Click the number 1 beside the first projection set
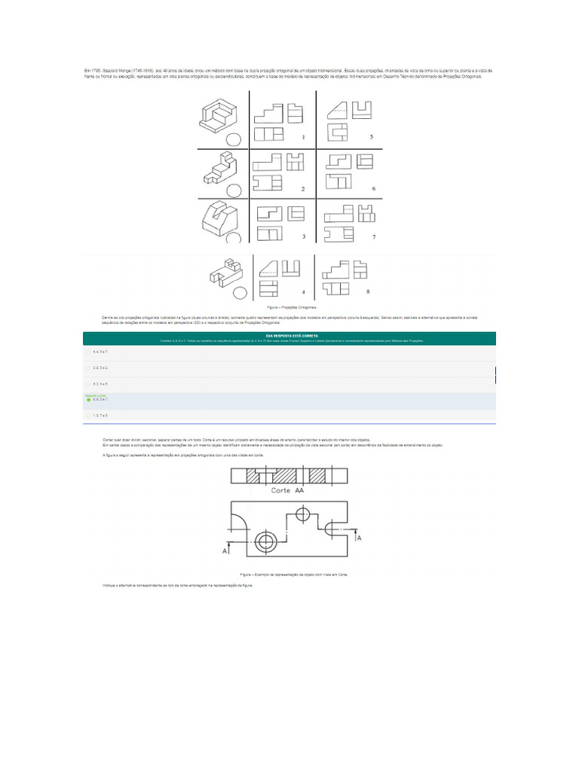302,137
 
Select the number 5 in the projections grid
371,137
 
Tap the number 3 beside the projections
302,237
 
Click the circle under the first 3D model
234,139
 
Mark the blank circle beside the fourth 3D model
240,293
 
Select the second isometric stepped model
221,170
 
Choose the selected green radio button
88,400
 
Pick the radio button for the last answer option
88,416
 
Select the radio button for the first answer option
88,352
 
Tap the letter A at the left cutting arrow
225,552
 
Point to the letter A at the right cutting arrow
359,538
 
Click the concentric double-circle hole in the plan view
265,542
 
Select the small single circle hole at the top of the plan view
303,515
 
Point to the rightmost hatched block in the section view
317,477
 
